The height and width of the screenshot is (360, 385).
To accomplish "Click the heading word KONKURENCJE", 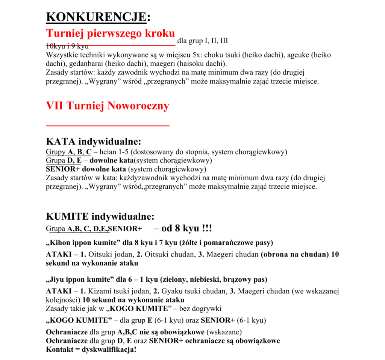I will [96, 17].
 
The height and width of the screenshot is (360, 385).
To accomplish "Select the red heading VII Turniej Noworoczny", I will [107, 106].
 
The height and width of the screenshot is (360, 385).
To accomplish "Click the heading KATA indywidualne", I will [93, 142].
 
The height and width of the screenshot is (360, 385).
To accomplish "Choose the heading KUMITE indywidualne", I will [100, 216].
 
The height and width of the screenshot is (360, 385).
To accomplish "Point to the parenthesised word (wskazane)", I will [224, 333].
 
